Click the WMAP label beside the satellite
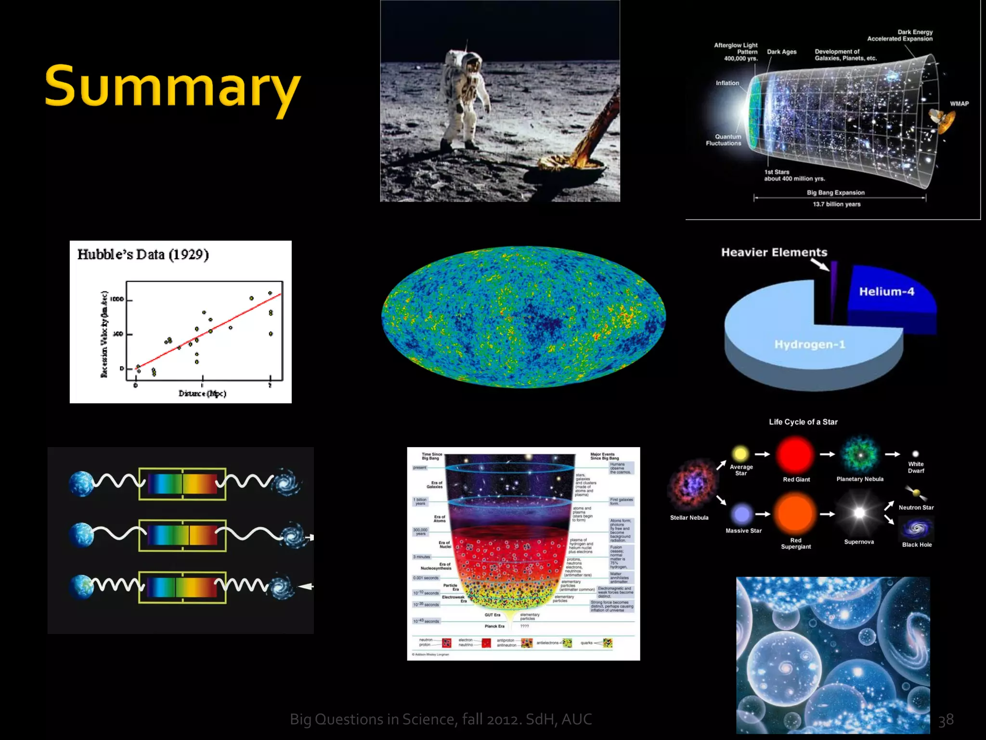(x=959, y=104)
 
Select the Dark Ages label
(x=781, y=52)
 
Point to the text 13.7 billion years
(x=836, y=204)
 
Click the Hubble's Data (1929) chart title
(x=143, y=254)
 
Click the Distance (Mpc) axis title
(x=202, y=394)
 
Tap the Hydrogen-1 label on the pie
(x=809, y=344)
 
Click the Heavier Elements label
(x=774, y=252)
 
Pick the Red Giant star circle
(x=795, y=454)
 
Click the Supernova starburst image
(x=859, y=513)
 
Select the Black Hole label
(x=917, y=545)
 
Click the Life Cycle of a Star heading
(x=803, y=422)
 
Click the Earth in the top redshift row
(x=81, y=484)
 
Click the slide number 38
(x=946, y=720)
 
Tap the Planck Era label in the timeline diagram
(x=494, y=626)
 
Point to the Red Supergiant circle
(x=795, y=514)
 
